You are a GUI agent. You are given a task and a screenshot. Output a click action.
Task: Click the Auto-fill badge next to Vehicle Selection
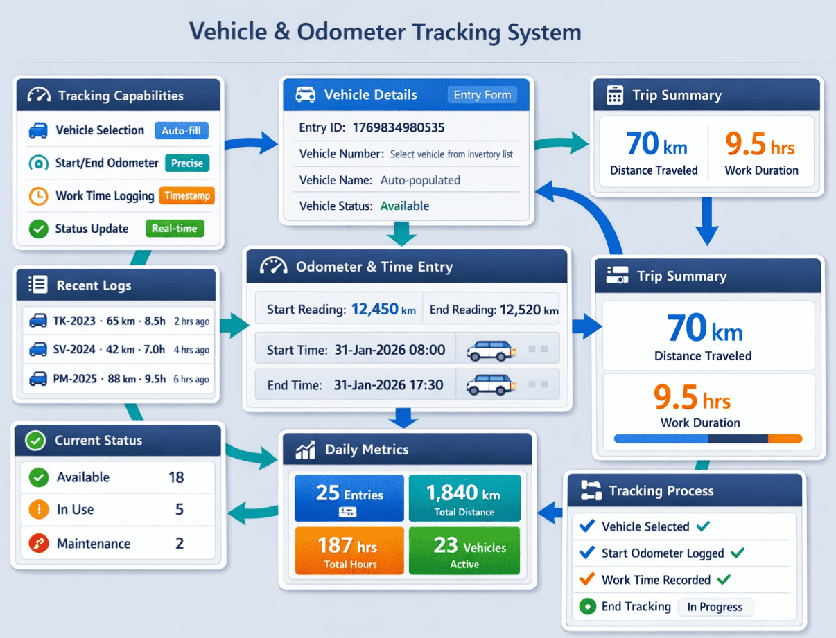[182, 130]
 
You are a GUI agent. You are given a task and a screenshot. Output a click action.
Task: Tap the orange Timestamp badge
[186, 196]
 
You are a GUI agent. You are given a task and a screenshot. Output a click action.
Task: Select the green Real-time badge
[175, 229]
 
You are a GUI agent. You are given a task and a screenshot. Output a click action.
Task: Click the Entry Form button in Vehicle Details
[482, 95]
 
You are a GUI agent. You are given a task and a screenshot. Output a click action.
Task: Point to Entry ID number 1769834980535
[398, 127]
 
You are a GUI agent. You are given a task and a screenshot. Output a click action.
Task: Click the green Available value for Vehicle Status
[404, 206]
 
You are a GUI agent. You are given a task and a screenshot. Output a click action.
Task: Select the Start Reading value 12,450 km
[383, 310]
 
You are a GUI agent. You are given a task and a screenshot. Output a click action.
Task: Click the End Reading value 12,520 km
[529, 310]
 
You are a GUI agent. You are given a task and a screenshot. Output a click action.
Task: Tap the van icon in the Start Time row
[491, 351]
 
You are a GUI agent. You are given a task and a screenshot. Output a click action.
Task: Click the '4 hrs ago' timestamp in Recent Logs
[191, 350]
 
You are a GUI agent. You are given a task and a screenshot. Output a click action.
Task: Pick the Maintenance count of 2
[180, 543]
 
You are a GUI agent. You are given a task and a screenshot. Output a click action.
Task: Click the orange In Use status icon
[39, 510]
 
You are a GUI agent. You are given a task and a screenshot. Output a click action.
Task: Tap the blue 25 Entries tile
[349, 498]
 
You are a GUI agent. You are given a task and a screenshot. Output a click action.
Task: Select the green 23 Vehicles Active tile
[464, 551]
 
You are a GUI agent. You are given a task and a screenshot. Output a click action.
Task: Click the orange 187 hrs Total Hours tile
[349, 551]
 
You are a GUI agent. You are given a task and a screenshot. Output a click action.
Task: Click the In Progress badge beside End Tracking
[715, 607]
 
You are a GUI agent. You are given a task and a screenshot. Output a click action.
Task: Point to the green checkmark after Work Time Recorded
[724, 580]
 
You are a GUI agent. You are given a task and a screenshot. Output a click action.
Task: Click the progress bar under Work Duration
[707, 438]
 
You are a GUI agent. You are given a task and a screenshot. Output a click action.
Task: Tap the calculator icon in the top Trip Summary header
[615, 96]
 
